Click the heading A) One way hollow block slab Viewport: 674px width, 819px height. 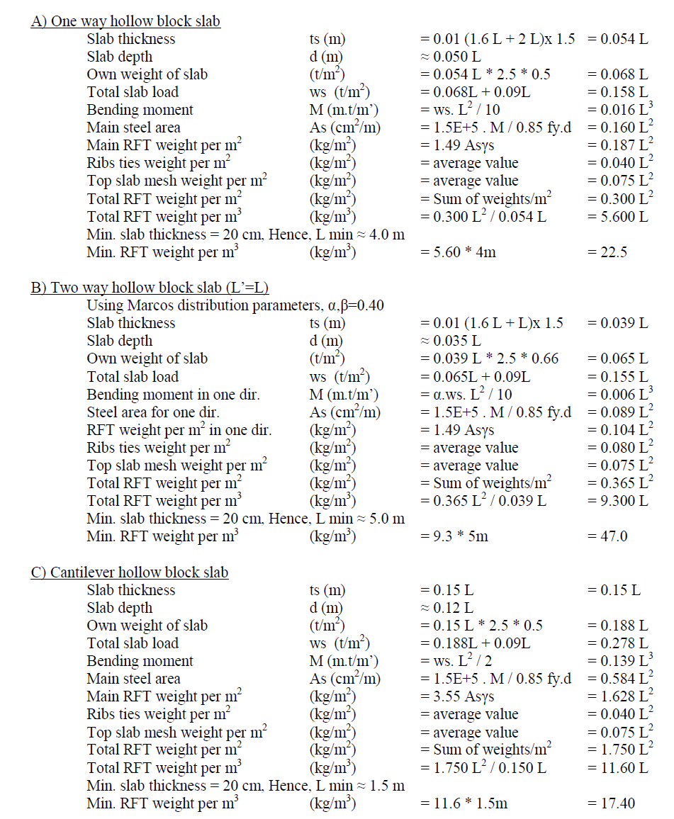click(x=125, y=21)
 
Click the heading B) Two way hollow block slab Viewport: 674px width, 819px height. click(x=150, y=288)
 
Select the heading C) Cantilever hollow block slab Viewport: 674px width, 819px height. click(x=129, y=572)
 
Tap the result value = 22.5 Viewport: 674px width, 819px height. click(x=608, y=252)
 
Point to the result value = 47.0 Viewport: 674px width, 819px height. click(x=608, y=536)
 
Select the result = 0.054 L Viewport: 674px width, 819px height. click(x=617, y=39)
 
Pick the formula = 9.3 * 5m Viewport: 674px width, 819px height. click(x=454, y=536)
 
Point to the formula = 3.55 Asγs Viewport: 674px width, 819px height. click(x=457, y=697)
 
